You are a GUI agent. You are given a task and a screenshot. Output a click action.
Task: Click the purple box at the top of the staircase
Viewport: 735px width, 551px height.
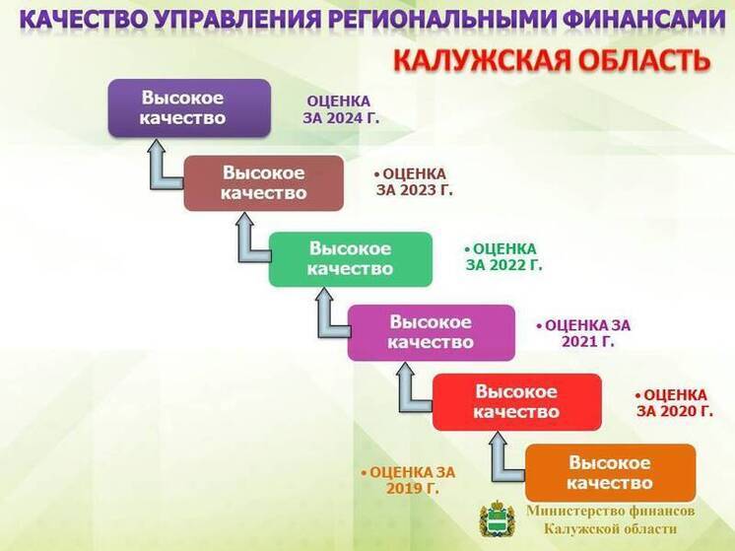[x=188, y=107]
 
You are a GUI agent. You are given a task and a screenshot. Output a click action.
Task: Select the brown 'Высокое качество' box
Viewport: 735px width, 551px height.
[x=263, y=182]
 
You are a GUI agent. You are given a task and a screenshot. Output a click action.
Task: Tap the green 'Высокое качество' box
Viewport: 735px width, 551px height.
[x=350, y=258]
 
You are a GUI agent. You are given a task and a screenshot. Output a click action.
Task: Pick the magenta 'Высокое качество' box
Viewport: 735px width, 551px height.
[x=431, y=332]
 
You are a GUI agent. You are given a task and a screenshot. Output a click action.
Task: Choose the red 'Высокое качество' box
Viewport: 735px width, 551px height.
[x=516, y=401]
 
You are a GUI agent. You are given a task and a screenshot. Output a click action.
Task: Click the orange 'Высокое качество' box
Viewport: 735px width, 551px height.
[x=610, y=472]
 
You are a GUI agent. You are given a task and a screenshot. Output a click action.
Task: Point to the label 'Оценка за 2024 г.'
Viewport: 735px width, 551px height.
[x=340, y=108]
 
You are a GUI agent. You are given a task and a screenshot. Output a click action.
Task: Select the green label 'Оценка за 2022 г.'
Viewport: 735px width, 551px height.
[x=503, y=257]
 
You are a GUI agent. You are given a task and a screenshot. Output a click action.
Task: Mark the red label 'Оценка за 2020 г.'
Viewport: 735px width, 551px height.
[x=674, y=402]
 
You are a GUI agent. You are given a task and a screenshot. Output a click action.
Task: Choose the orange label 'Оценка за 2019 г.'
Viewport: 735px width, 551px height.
[x=408, y=480]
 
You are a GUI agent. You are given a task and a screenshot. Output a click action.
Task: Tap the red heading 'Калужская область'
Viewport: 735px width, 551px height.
[x=551, y=60]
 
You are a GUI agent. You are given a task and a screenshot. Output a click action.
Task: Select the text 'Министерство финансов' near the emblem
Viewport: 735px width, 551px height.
[x=610, y=511]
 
